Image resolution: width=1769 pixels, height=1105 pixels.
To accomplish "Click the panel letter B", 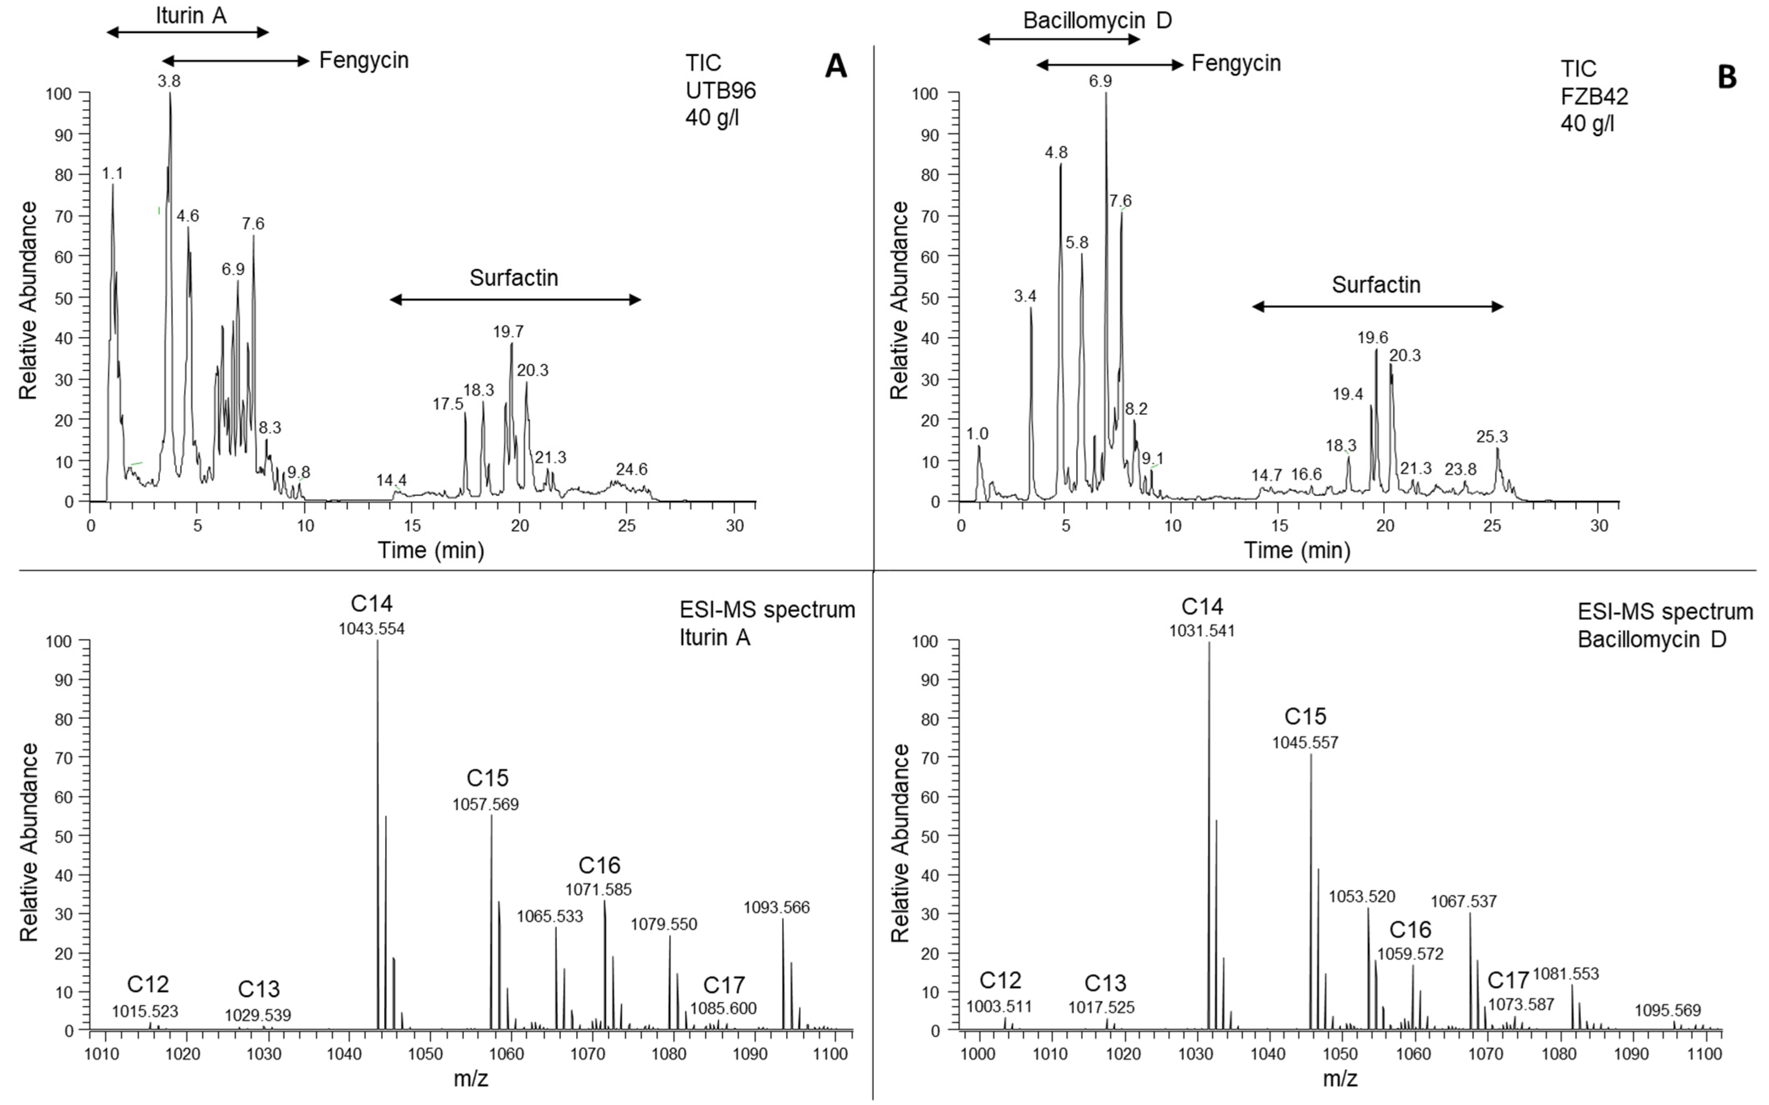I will [1726, 76].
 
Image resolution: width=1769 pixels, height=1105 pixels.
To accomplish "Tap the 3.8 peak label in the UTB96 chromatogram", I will [169, 81].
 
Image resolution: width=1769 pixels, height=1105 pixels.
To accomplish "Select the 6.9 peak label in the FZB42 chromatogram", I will [1100, 81].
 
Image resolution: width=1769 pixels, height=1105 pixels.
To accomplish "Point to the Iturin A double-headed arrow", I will [188, 32].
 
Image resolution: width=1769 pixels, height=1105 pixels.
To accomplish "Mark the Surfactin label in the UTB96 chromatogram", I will [514, 278].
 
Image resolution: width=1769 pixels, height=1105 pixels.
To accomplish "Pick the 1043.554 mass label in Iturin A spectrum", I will [371, 629].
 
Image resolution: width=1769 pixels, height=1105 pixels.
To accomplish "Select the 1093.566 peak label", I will [777, 908].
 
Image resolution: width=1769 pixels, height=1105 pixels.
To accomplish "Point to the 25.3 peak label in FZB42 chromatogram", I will [1491, 437].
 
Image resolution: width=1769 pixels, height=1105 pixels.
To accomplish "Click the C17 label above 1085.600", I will [723, 985].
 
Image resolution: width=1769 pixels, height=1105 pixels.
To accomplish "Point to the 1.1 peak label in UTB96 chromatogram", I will [113, 174].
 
